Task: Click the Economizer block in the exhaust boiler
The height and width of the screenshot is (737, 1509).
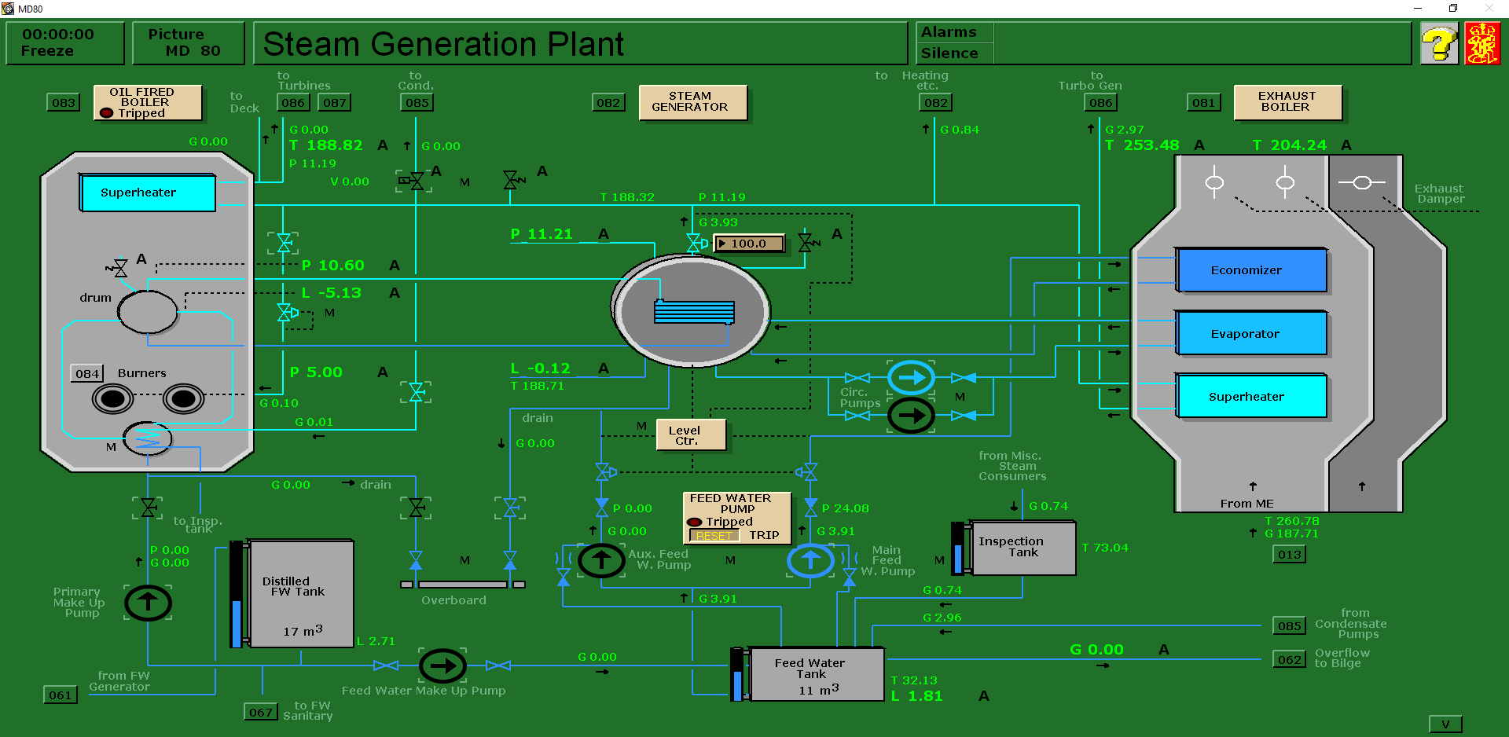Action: (x=1251, y=270)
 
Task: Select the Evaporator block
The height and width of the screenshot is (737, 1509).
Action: (x=1251, y=334)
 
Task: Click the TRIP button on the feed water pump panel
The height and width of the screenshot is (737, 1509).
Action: (x=763, y=535)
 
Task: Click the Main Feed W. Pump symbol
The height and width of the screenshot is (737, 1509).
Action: (x=810, y=560)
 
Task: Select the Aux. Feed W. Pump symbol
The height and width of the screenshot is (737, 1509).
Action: (x=601, y=560)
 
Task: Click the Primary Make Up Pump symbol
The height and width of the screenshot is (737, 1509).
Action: (x=148, y=603)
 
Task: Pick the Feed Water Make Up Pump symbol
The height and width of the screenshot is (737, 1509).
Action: (x=442, y=666)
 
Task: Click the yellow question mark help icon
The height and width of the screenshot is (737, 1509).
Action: (x=1439, y=44)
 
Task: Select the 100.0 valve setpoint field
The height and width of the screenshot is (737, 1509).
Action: (x=748, y=244)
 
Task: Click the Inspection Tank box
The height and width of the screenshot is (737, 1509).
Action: (x=1023, y=548)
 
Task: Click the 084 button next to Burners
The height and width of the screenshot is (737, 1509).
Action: (x=86, y=374)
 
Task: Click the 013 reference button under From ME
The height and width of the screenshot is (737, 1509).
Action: (x=1289, y=555)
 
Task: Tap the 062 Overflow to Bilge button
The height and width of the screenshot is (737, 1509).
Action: (x=1289, y=660)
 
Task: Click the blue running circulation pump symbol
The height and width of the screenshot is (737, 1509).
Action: (x=911, y=378)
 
